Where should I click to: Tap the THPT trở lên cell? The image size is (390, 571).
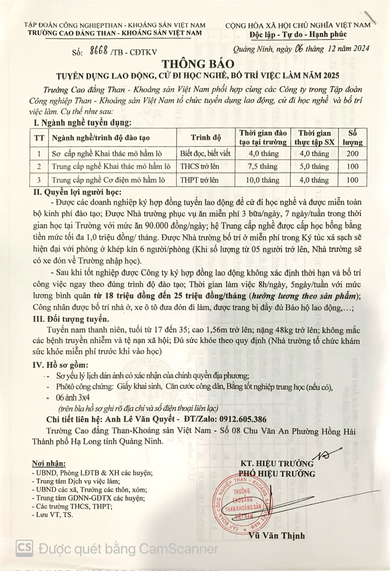[x=198, y=180]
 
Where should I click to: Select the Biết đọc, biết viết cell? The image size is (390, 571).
[x=205, y=154]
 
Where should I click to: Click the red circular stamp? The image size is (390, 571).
[x=242, y=502]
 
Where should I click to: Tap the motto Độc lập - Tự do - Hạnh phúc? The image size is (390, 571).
[x=298, y=34]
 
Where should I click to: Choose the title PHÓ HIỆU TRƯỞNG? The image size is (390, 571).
[x=276, y=474]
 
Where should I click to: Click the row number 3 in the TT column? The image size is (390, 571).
[x=39, y=180]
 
